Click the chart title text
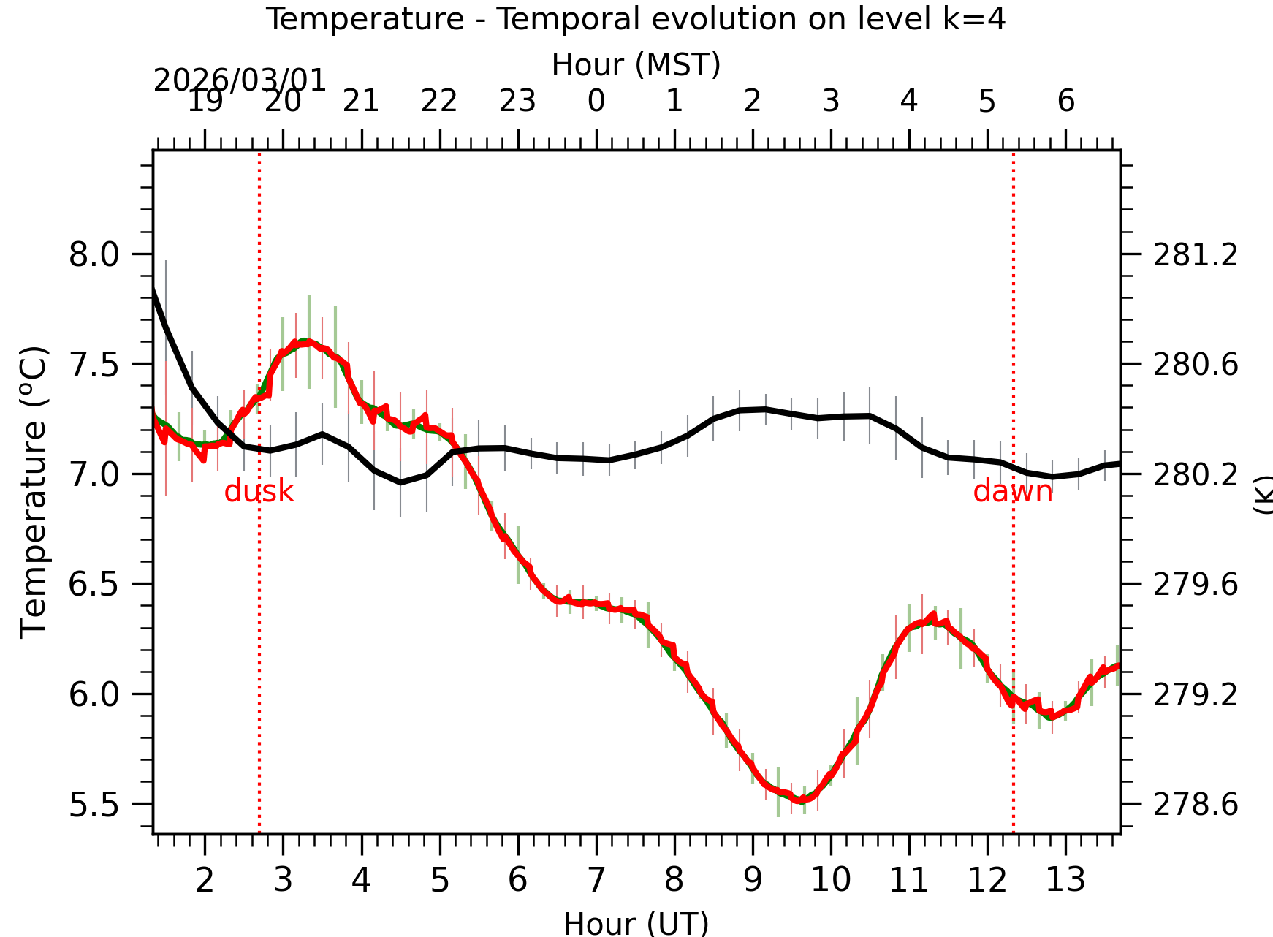pyautogui.click(x=635, y=19)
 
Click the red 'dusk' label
pyautogui.click(x=259, y=492)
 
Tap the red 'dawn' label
pyautogui.click(x=1013, y=492)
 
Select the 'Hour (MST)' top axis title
pyautogui.click(x=636, y=65)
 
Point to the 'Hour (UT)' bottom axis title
pyautogui.click(x=636, y=923)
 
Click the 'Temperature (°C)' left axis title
pyautogui.click(x=34, y=492)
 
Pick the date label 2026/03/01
pyautogui.click(x=240, y=80)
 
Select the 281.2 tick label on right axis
pyautogui.click(x=1196, y=256)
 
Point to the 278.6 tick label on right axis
pyautogui.click(x=1196, y=805)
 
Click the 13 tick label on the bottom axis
pyautogui.click(x=1065, y=879)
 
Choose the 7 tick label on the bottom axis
pyautogui.click(x=596, y=879)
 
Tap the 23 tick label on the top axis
pyautogui.click(x=517, y=102)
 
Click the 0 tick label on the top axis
pyautogui.click(x=596, y=102)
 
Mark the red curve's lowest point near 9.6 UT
pyautogui.click(x=802, y=800)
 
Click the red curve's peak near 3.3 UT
pyautogui.click(x=304, y=341)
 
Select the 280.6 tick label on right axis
pyautogui.click(x=1196, y=365)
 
